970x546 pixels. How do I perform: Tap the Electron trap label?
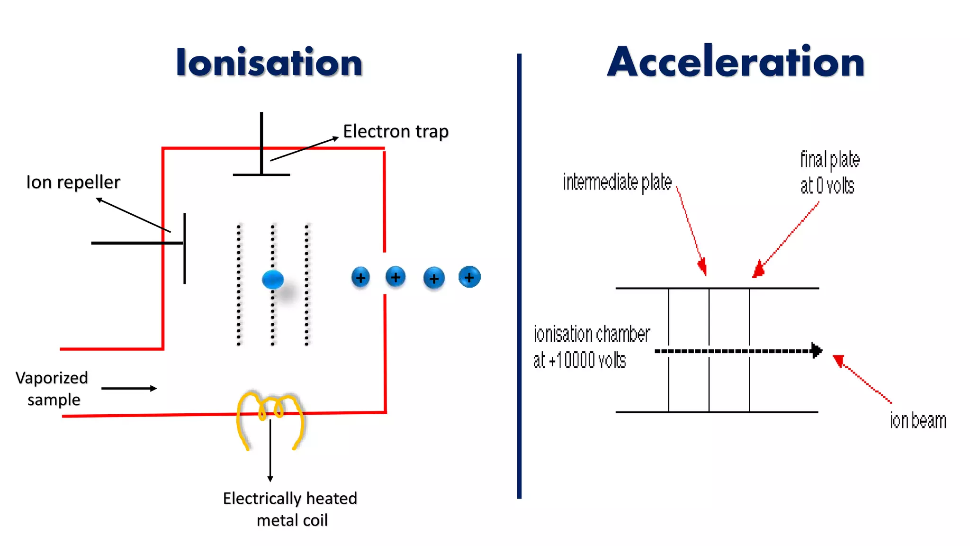tap(395, 131)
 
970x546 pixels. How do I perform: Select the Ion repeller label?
tap(73, 182)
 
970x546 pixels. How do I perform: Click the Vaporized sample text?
tap(52, 389)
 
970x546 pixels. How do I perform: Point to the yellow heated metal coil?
tap(270, 417)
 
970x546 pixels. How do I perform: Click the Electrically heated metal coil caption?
tap(290, 509)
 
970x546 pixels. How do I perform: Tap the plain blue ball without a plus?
tap(273, 280)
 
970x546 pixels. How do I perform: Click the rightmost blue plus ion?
tap(469, 277)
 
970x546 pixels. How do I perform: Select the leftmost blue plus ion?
tap(360, 278)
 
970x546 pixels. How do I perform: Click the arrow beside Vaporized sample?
tap(129, 389)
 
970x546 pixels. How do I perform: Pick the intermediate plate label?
tap(617, 182)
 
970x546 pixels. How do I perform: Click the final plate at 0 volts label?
tap(829, 172)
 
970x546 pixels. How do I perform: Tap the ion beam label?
tap(917, 421)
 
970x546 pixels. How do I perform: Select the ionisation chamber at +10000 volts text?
tap(591, 347)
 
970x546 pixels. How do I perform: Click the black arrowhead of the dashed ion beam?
tap(817, 351)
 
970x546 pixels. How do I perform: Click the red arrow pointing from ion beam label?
tap(862, 379)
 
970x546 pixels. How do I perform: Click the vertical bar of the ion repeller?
tap(184, 249)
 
